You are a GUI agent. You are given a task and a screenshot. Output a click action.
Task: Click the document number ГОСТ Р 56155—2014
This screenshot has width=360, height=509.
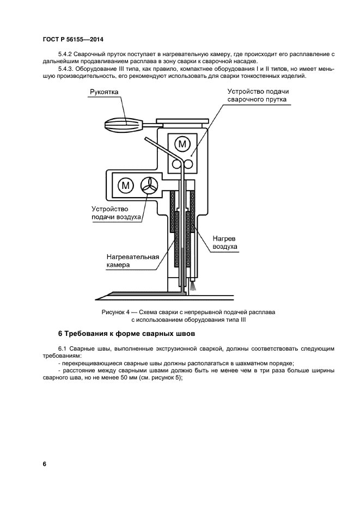(73, 39)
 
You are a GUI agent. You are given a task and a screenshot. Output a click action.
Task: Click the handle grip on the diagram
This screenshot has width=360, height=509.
(123, 124)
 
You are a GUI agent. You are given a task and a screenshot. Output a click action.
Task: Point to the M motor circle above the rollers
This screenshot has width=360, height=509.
(184, 144)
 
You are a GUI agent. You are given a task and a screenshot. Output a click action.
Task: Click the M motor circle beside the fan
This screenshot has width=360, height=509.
(126, 185)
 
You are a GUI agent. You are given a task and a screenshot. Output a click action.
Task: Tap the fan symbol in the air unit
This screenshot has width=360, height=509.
(149, 185)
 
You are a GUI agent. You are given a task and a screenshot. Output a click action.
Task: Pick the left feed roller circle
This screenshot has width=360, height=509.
(176, 164)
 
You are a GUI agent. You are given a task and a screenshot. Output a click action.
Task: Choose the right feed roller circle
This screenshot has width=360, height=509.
(189, 164)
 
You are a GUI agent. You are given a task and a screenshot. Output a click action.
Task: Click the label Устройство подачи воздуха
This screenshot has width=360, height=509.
(115, 213)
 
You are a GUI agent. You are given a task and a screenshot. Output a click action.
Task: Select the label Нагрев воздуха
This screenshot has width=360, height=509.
(224, 242)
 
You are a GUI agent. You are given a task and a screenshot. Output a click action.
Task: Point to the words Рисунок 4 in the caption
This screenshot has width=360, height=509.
(115, 312)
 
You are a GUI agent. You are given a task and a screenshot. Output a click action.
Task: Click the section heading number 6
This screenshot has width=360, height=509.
(60, 333)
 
